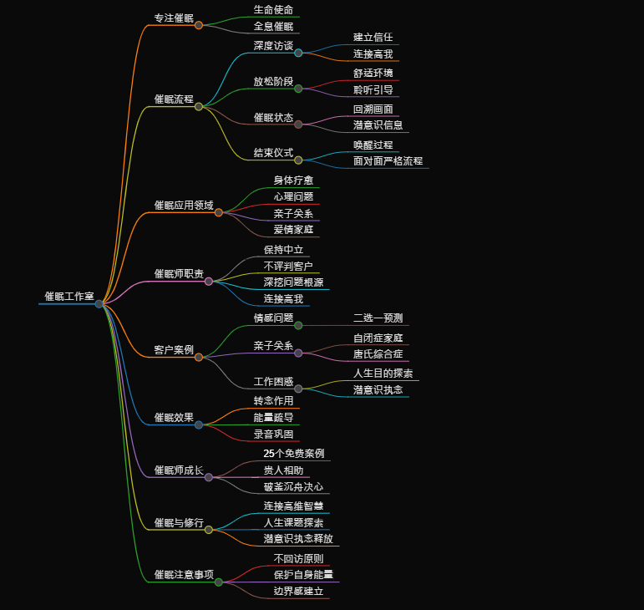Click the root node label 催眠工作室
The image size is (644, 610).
click(68, 297)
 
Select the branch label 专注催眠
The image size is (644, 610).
click(174, 18)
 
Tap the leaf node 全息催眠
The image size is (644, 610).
click(273, 27)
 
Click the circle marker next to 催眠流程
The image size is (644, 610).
click(199, 106)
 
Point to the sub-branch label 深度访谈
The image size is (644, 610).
click(273, 45)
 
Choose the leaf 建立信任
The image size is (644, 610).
click(373, 37)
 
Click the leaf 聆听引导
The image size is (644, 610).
click(373, 89)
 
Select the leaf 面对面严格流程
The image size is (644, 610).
click(388, 160)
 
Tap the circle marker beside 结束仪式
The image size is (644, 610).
click(298, 160)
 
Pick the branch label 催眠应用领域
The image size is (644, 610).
click(184, 205)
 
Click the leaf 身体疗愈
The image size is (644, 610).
click(293, 180)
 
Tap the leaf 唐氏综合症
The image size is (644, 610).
click(378, 353)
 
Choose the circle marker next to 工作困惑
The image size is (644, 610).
click(298, 389)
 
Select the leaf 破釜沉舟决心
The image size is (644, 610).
click(293, 486)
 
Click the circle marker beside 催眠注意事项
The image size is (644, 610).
click(219, 582)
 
